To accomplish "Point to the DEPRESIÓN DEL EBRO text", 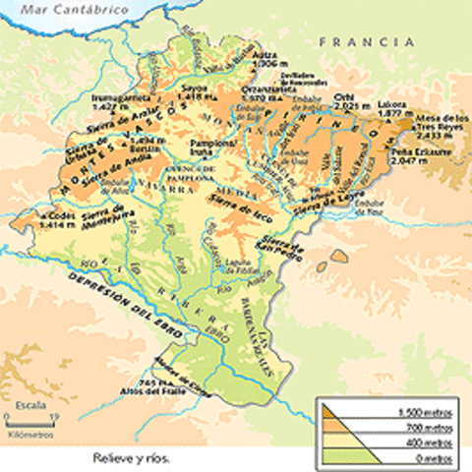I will click(x=123, y=308).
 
